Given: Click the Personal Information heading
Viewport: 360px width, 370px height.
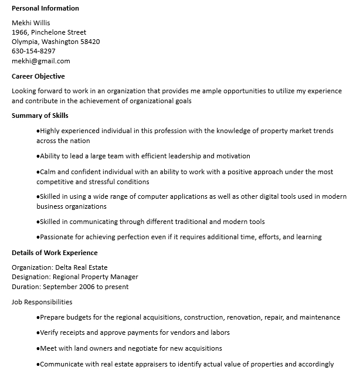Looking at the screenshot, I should (45, 8).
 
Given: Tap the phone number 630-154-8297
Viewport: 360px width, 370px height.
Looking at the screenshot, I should (33, 51).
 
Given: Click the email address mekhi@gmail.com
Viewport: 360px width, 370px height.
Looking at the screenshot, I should (40, 60).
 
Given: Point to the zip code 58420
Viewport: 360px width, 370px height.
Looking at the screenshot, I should (90, 42).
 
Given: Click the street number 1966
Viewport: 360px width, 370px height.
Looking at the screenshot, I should (19, 32).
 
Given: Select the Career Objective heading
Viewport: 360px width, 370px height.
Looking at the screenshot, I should (38, 76).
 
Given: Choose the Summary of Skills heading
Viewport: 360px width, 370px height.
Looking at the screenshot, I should (40, 116).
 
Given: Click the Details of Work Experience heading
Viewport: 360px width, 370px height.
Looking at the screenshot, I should (55, 253).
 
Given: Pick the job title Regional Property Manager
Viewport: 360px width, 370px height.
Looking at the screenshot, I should (96, 277).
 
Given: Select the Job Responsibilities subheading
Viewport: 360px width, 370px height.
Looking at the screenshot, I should (42, 302).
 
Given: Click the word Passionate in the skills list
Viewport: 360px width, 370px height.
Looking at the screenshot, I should (56, 237).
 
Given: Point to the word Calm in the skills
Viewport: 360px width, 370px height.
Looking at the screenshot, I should (47, 172).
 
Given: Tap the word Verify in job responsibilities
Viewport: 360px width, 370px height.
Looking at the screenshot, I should (49, 332).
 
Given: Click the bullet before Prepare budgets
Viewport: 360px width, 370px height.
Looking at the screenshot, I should (38, 317).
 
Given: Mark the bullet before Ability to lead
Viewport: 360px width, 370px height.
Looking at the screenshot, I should (38, 156).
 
